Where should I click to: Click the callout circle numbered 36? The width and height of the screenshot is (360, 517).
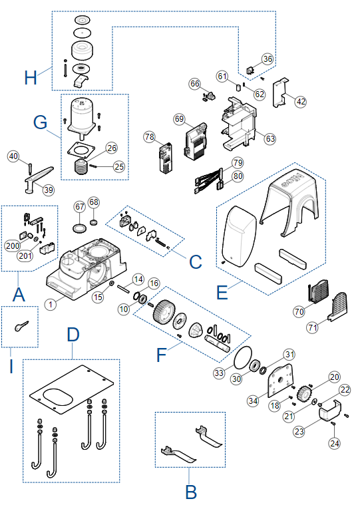pos(268,59)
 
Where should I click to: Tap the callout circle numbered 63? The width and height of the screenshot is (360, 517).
pos(270,139)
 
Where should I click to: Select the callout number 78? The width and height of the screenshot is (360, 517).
pos(149,136)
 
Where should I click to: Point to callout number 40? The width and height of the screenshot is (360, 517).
pos(13,156)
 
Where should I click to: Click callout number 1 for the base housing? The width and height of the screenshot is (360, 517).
pos(51,304)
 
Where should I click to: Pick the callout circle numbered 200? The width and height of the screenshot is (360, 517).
pos(13,246)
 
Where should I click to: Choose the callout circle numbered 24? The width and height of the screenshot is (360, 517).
pos(334,443)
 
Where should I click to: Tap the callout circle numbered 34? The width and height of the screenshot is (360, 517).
pos(253,401)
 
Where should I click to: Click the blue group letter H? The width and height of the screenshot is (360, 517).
pos(31,77)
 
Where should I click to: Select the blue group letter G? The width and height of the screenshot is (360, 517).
pos(40,122)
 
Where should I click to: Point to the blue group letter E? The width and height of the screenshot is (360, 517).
pos(222,293)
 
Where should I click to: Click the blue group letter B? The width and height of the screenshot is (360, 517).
pos(191,492)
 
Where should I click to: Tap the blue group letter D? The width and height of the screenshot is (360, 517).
pos(73,335)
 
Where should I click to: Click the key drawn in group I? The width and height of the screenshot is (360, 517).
pos(21,326)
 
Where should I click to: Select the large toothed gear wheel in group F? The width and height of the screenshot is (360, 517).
pos(163,312)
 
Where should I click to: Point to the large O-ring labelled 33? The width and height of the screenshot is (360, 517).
pos(243,358)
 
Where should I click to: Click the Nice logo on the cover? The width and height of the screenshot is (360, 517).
pos(293,182)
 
